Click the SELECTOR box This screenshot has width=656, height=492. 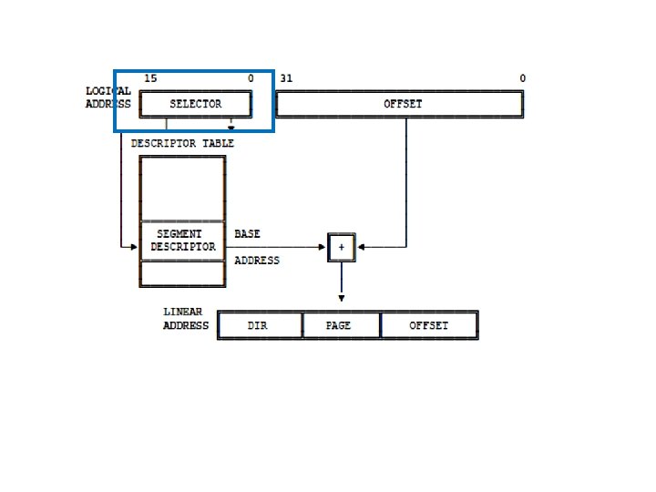pos(196,104)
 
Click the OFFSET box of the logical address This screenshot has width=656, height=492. pos(400,104)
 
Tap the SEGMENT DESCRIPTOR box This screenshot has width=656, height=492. pos(182,241)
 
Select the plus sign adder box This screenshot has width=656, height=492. pos(342,247)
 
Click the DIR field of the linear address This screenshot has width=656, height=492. pos(260,325)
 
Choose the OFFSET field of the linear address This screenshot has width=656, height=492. pos(428,325)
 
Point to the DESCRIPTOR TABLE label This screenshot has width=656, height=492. pos(182,143)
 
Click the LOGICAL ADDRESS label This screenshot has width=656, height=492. pos(108,97)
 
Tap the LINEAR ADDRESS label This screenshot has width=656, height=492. pos(185,319)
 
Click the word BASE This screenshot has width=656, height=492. pos(247,234)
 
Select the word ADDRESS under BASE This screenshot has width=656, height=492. pos(257,261)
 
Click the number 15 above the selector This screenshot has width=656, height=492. pos(150,78)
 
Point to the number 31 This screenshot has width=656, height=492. pos(286,78)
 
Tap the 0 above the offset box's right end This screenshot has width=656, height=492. pos(523,78)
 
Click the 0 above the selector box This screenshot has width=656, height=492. pos(251,78)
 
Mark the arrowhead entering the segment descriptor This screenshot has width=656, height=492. pos(133,247)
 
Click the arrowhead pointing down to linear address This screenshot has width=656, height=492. pos(342,298)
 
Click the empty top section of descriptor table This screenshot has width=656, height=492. pos(182,188)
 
